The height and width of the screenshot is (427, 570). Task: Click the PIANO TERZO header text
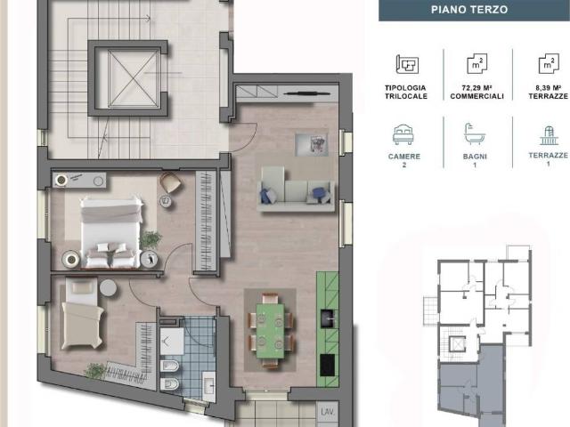(469, 10)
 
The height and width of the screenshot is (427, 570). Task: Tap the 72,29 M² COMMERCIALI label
(477, 93)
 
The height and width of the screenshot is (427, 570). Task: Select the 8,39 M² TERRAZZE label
(549, 93)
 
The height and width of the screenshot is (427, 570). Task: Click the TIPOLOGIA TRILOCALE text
(406, 93)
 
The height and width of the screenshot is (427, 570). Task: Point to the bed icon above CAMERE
(403, 134)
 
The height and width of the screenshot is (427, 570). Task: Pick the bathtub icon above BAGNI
(475, 134)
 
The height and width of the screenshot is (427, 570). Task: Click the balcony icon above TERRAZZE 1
(549, 135)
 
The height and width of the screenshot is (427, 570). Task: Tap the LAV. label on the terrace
(328, 412)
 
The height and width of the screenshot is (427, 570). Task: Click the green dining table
(270, 330)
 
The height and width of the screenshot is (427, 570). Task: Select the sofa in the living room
(296, 189)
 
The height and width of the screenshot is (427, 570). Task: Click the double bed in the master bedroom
(110, 233)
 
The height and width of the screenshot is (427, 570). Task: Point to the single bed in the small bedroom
(81, 313)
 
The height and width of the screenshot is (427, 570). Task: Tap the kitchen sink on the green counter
(329, 318)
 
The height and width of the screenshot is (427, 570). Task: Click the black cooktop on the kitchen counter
(327, 366)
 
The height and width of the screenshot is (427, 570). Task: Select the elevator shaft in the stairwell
(127, 78)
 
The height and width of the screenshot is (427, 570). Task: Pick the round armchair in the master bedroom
(170, 182)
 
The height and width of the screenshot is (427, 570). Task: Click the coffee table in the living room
(312, 145)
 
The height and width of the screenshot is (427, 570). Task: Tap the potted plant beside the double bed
(151, 239)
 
